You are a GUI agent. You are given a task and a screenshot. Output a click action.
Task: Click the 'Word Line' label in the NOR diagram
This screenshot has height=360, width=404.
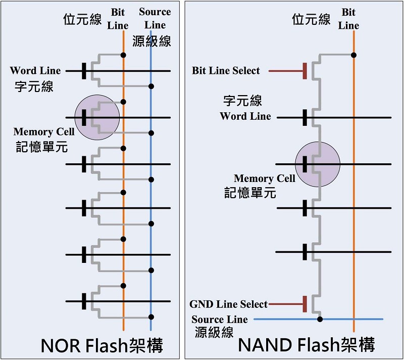35,70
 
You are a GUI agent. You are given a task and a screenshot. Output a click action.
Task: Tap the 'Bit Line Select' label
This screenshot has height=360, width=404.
226,71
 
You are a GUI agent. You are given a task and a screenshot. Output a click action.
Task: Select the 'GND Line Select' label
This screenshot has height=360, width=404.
229,304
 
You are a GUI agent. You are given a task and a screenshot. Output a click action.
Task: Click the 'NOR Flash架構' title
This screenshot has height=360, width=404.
102,345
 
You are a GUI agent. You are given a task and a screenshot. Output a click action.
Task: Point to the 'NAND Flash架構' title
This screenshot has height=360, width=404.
307,345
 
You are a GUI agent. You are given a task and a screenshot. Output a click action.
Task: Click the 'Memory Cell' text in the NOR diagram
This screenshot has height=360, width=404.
44,131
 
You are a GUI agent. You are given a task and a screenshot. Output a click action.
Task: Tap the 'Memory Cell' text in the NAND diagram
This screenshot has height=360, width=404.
264,178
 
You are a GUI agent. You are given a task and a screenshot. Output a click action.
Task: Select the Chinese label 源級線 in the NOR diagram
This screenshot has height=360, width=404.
151,41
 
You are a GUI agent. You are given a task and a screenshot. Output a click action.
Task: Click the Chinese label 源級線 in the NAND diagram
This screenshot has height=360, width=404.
214,332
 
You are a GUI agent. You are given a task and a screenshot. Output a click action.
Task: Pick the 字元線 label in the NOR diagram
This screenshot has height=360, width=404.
34,86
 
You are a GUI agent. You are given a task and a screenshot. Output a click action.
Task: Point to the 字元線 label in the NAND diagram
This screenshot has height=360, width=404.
242,100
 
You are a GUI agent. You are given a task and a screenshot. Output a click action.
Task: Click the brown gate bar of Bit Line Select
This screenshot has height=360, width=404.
305,71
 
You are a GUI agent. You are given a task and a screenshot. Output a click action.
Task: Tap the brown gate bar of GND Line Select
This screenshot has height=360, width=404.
305,304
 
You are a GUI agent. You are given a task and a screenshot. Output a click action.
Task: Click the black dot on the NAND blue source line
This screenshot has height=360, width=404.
320,319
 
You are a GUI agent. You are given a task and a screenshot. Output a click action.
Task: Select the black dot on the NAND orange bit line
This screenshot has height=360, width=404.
354,55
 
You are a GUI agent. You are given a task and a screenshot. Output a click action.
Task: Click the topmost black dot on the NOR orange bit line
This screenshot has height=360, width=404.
123,55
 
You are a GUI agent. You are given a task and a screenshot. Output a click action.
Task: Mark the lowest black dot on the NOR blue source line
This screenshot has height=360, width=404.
151,317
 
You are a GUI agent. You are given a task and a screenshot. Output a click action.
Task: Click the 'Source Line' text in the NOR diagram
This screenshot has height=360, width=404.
155,18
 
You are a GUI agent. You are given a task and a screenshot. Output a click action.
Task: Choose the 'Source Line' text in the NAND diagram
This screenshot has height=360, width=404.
220,320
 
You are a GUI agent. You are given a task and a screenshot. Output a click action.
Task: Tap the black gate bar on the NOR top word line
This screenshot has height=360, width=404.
84,71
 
